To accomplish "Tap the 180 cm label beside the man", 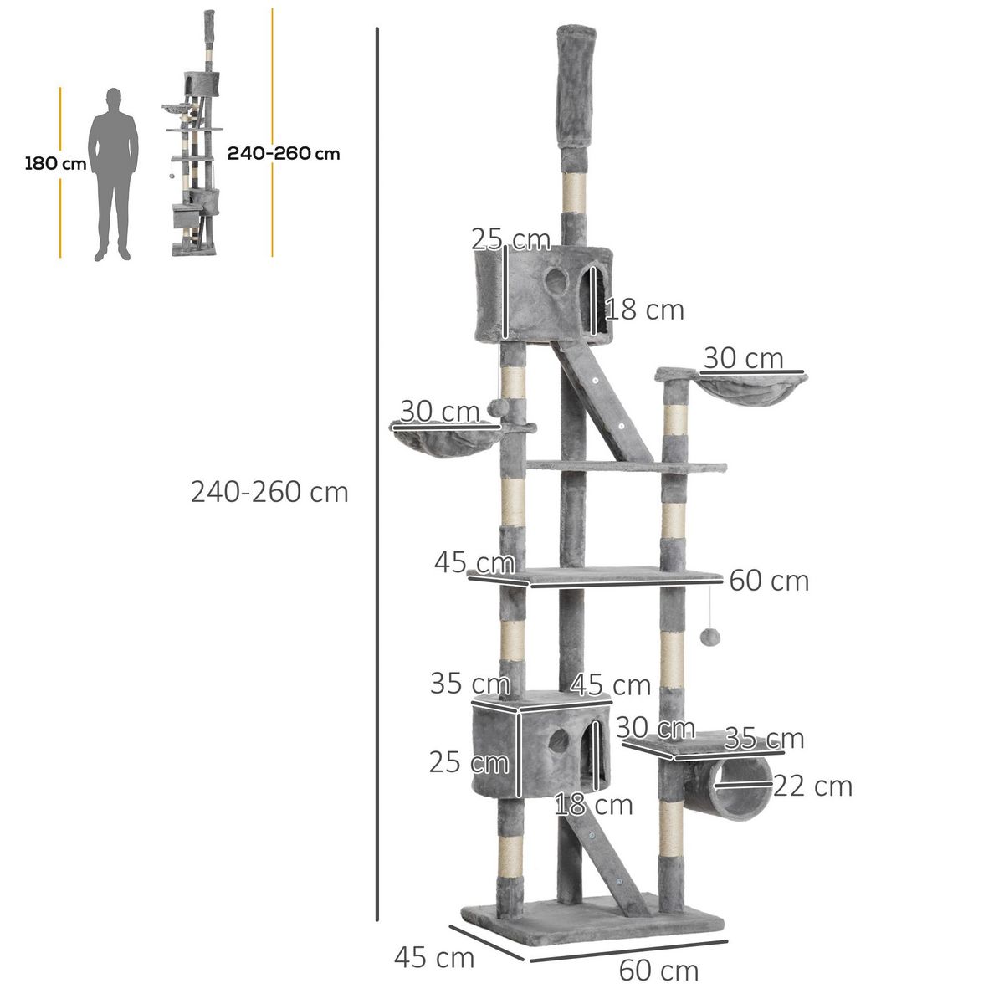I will click(x=55, y=163).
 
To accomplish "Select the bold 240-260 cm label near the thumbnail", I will click(x=284, y=153).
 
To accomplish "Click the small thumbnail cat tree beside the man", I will click(x=195, y=142).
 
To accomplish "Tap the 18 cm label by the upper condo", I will click(x=644, y=310).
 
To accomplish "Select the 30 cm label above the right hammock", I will click(x=743, y=358).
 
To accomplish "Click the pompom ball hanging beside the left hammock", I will click(x=494, y=409).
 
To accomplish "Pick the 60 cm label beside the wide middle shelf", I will click(x=768, y=581).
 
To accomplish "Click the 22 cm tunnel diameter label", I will click(x=812, y=786).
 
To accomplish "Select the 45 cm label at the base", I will click(x=433, y=957).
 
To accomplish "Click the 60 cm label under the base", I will click(x=658, y=971).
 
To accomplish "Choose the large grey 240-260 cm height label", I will click(x=269, y=492).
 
